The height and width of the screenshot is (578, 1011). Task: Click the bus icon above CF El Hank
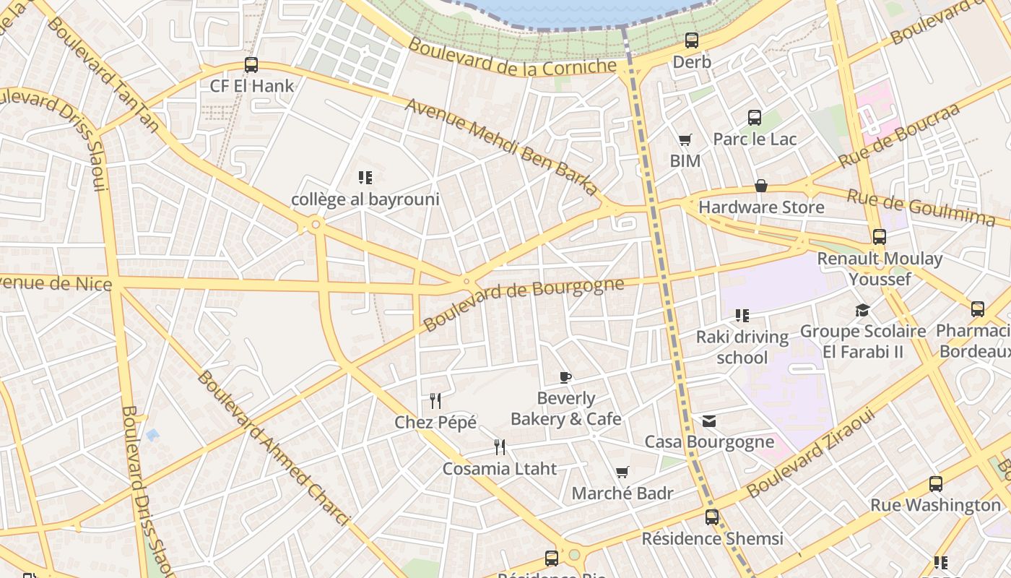[251, 65]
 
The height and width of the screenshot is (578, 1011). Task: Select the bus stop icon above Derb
[692, 40]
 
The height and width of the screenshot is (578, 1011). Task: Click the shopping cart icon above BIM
[685, 140]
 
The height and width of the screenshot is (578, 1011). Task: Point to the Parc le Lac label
[755, 139]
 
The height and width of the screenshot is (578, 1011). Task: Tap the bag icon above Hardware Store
[761, 186]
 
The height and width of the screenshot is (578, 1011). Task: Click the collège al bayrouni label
[365, 199]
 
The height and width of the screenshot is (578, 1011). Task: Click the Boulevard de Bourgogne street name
[524, 303]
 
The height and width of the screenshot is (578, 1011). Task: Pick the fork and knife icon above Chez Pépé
[435, 400]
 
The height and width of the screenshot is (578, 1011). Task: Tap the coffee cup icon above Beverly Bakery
[565, 377]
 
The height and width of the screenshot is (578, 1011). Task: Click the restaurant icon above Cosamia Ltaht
[500, 447]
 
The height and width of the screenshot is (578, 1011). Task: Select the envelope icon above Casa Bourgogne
[709, 420]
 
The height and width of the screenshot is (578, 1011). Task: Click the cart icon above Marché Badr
[622, 473]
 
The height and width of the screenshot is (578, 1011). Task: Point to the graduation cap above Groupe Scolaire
[862, 311]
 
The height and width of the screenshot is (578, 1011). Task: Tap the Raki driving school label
[742, 347]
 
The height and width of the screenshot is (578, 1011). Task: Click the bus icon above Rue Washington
[936, 484]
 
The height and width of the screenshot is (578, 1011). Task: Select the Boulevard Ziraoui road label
[812, 454]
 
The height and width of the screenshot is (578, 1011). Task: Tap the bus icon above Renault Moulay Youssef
[880, 237]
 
